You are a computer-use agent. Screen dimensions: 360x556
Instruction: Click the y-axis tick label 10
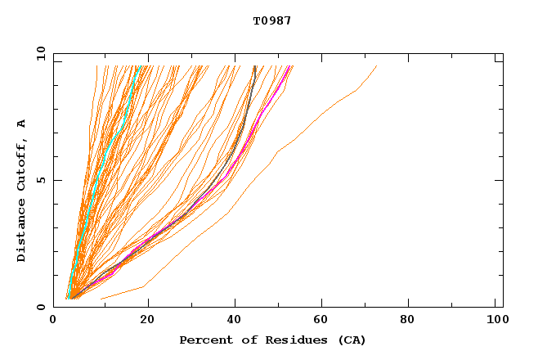point(39,53)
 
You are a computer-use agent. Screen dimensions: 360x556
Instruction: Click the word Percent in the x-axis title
point(204,340)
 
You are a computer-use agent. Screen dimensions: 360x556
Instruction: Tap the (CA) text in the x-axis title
point(352,340)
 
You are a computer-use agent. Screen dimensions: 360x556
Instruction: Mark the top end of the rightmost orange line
point(376,66)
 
